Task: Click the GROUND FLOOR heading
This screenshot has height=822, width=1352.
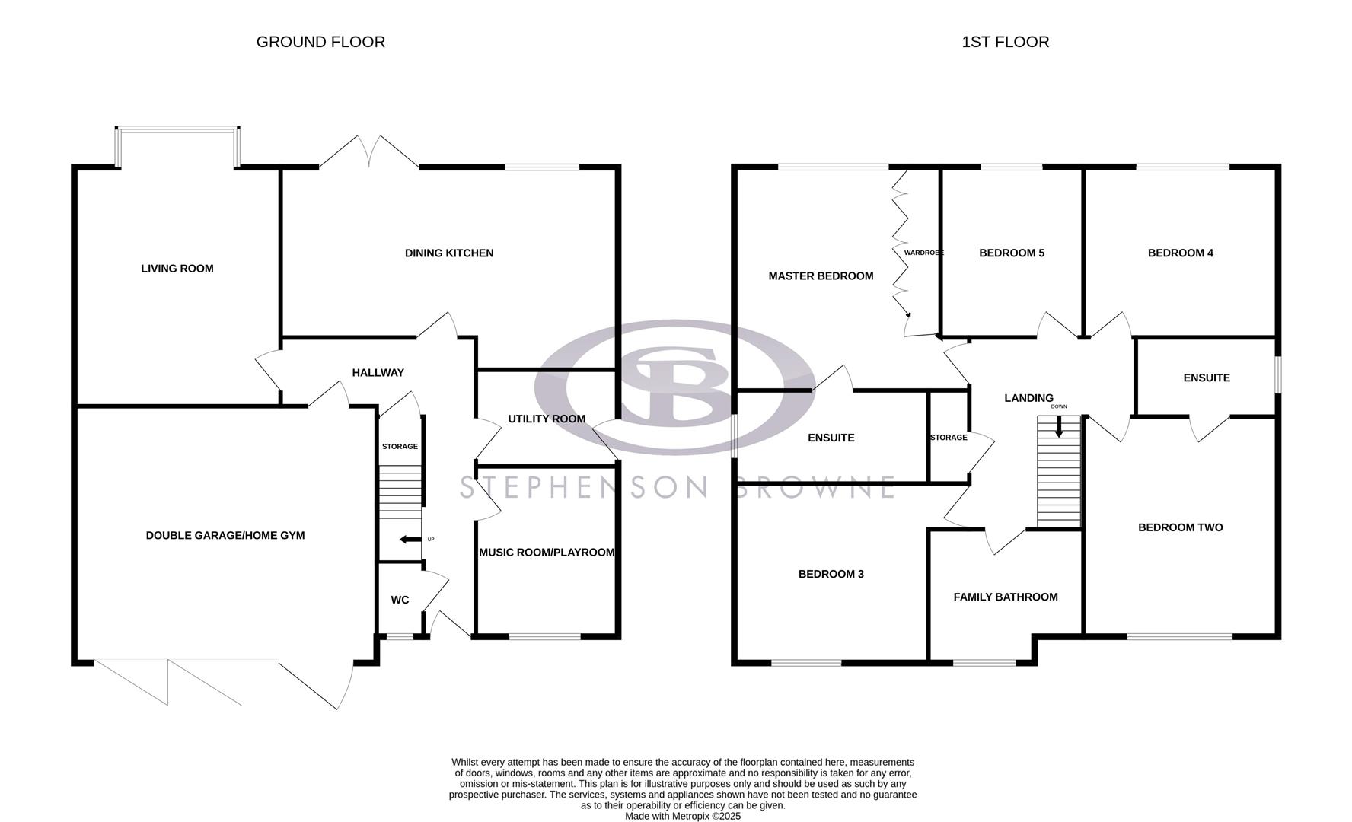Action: coord(320,42)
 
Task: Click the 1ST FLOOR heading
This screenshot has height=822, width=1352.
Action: coord(1005,42)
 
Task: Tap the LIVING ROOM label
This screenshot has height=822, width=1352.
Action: coord(177,269)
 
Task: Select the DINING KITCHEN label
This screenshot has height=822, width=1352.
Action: coord(449,253)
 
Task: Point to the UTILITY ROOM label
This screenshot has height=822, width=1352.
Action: coord(547,419)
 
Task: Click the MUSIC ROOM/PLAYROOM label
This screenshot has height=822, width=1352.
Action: coord(547,553)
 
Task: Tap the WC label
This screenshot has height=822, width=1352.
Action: coord(400,600)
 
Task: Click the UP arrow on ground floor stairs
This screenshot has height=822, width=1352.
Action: coord(410,540)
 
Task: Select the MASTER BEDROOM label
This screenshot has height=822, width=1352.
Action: coord(821,276)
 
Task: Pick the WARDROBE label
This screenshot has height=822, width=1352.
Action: coord(923,253)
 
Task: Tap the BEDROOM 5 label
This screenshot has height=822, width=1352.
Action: coord(1012,253)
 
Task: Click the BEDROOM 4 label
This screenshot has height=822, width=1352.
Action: coord(1181,253)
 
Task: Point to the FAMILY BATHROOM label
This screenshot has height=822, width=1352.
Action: coord(1006,597)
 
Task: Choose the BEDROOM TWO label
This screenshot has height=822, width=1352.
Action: coord(1181,527)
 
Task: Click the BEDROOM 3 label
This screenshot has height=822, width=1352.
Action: coord(831,575)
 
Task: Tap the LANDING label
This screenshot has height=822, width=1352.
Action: coord(1028,398)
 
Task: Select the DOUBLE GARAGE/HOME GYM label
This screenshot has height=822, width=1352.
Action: coord(225,536)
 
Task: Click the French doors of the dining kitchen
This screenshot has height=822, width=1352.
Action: coord(369,152)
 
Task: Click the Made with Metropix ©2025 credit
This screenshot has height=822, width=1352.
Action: coord(682,816)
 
